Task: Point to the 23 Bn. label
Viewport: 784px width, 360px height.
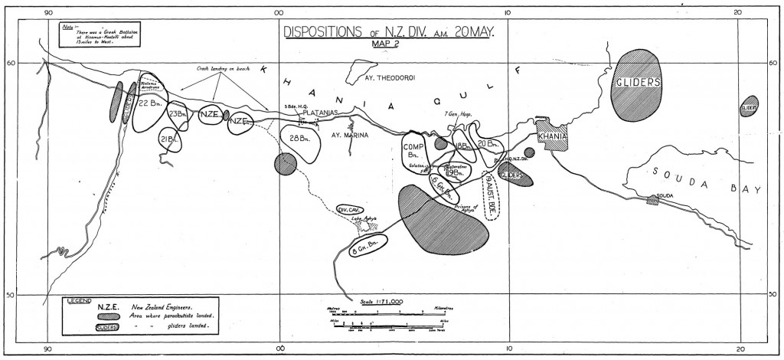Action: pos(178,114)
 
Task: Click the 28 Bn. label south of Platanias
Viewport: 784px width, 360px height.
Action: pos(299,139)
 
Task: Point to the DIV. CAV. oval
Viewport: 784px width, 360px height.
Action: pos(350,209)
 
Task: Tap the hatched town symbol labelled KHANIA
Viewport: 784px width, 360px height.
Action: pos(552,136)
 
